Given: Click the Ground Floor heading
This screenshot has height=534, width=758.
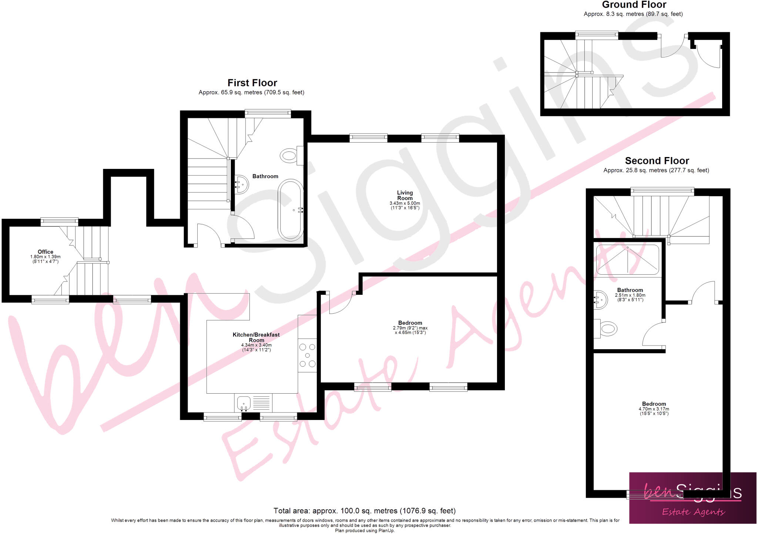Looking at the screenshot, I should point(634,5).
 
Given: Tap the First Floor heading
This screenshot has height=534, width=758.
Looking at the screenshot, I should point(252,83).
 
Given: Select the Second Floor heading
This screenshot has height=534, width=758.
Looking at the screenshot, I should point(657,161).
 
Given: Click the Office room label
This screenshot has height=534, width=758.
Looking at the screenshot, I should point(46,252).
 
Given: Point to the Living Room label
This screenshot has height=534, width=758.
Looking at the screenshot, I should point(405,195).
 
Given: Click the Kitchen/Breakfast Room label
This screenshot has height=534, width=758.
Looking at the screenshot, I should point(256,337).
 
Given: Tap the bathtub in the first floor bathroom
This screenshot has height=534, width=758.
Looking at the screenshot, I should point(291,210).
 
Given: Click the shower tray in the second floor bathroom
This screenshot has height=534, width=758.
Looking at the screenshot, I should point(627,259).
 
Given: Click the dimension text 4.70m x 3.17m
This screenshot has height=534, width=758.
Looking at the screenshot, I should point(654,409).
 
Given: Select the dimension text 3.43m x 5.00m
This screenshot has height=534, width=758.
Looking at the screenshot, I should point(405,203).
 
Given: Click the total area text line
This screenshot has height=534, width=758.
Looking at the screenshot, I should point(364,511).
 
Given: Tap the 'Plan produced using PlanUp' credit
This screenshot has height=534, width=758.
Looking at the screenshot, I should point(365,531).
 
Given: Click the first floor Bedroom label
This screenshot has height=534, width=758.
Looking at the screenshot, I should point(410,323).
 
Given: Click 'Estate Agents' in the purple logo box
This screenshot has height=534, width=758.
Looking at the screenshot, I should point(693,512).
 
